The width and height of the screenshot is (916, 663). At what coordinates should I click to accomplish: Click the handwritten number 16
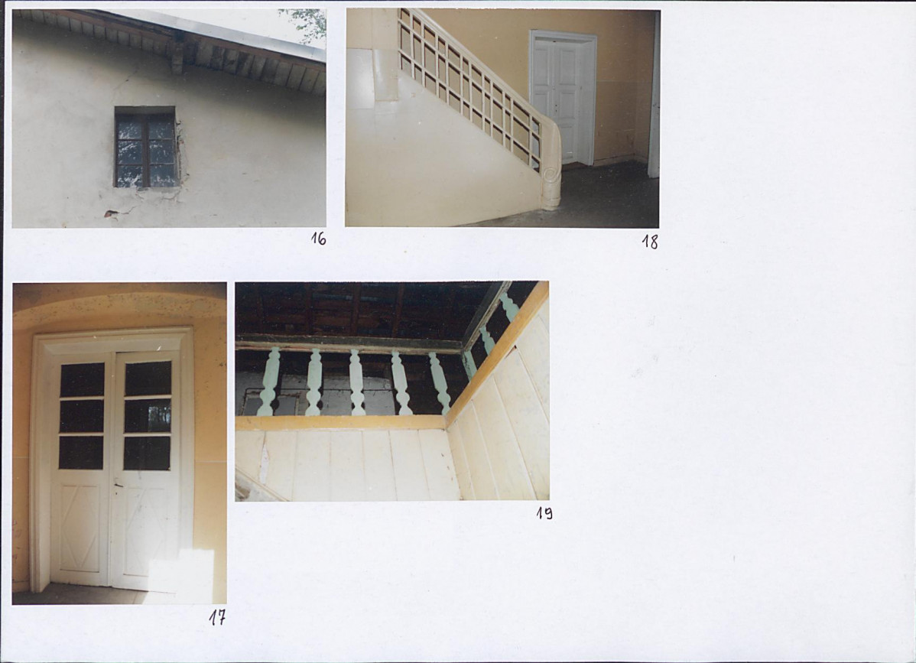tap(318, 239)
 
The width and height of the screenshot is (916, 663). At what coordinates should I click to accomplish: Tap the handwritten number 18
tap(650, 242)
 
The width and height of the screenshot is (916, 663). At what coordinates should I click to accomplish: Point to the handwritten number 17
tap(217, 618)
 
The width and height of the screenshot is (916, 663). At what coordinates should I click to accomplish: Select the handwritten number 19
tap(544, 513)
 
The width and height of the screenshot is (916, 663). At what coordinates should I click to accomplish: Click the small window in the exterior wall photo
tap(145, 147)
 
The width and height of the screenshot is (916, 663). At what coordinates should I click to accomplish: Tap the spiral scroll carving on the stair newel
tap(550, 175)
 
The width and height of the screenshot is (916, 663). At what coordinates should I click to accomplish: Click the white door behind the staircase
tap(561, 99)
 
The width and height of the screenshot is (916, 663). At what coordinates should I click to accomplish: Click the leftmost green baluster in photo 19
tap(269, 382)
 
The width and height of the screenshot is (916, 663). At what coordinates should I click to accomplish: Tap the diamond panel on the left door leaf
tap(80, 528)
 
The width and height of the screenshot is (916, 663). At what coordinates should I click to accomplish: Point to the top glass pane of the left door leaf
tap(83, 380)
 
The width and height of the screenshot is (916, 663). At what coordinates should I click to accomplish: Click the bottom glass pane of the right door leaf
tap(148, 453)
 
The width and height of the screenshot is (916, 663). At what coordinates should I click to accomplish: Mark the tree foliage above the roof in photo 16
tap(305, 24)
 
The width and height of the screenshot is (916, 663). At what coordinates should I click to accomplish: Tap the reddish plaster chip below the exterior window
tap(111, 213)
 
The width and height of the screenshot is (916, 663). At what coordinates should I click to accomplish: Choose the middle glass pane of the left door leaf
tap(82, 417)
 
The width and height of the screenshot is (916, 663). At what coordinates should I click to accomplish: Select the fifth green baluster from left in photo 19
tap(440, 383)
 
